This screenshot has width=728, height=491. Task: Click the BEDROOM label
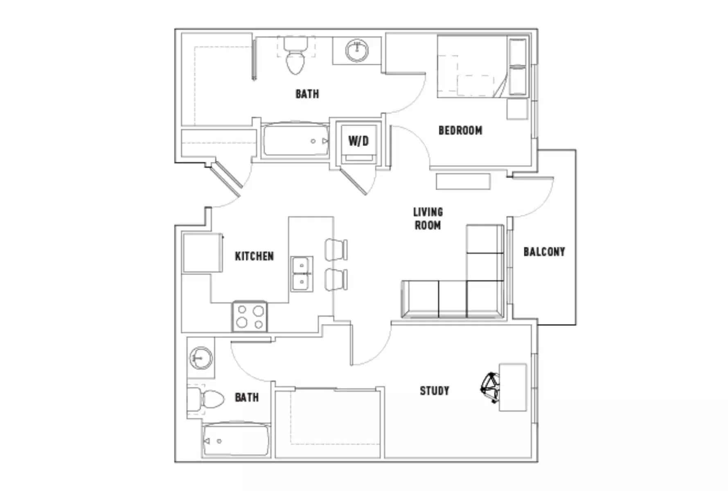pyautogui.click(x=460, y=131)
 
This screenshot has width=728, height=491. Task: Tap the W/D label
pyautogui.click(x=358, y=141)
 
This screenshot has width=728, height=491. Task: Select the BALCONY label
pyautogui.click(x=544, y=252)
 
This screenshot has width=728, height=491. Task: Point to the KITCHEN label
pyautogui.click(x=254, y=256)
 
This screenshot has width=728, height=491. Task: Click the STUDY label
pyautogui.click(x=434, y=391)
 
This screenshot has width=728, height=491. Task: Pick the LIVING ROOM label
pyautogui.click(x=428, y=218)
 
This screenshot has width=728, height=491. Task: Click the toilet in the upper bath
pyautogui.click(x=295, y=57)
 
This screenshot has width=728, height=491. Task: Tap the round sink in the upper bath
pyautogui.click(x=357, y=51)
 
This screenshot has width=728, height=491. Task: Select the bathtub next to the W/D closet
pyautogui.click(x=295, y=140)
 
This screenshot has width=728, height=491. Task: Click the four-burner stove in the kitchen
pyautogui.click(x=250, y=317)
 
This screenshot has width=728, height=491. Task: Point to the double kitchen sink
pyautogui.click(x=302, y=274)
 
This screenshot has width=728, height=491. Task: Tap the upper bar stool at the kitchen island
pyautogui.click(x=336, y=250)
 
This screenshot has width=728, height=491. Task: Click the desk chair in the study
pyautogui.click(x=490, y=387)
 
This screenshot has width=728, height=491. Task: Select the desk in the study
pyautogui.click(x=513, y=387)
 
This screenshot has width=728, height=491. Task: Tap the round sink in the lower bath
pyautogui.click(x=201, y=358)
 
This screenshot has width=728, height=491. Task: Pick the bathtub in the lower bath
pyautogui.click(x=236, y=441)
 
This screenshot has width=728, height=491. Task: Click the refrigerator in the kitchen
pyautogui.click(x=202, y=252)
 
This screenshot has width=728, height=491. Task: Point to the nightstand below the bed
pyautogui.click(x=517, y=109)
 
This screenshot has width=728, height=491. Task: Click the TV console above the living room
pyautogui.click(x=463, y=181)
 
